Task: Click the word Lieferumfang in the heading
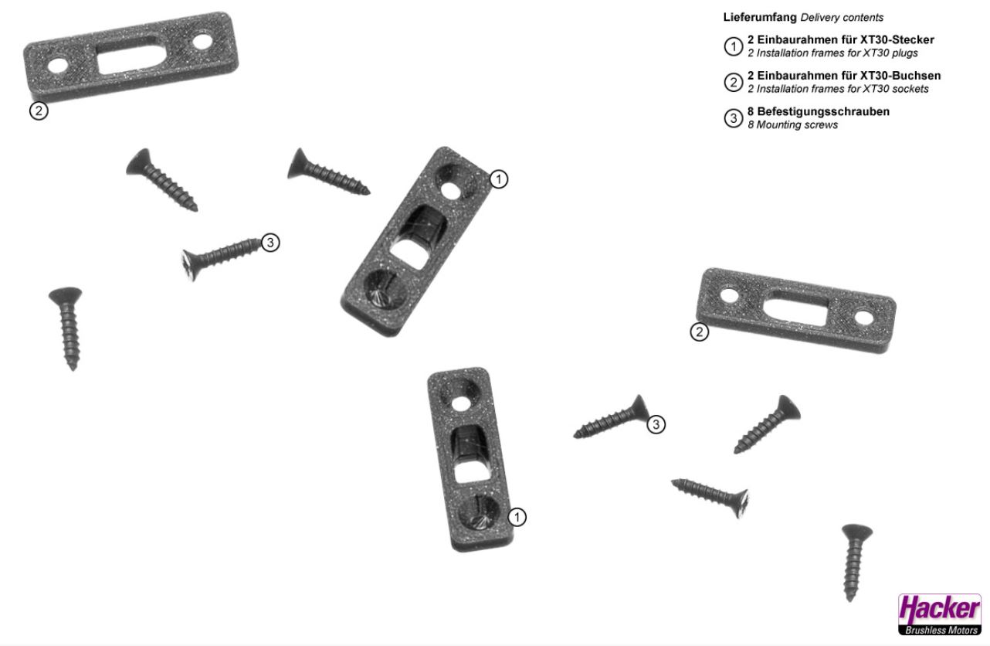tap(760, 17)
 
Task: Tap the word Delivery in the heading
tap(820, 18)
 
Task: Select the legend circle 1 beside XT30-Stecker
tap(733, 46)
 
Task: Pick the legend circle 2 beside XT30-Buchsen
tap(733, 82)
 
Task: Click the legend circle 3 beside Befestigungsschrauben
tap(733, 118)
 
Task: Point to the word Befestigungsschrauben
tap(823, 111)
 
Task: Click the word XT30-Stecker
tap(897, 39)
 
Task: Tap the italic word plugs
tap(904, 53)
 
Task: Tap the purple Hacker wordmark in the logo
tap(939, 610)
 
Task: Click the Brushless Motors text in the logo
tap(941, 630)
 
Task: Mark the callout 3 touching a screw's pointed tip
tap(270, 243)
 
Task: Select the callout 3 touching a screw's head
tap(656, 424)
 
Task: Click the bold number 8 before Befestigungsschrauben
tap(751, 111)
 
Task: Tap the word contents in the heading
tap(863, 18)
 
